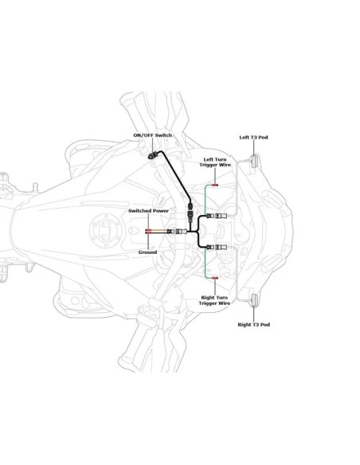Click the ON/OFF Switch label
click(x=152, y=135)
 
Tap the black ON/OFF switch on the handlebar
click(x=153, y=155)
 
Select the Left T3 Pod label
click(x=253, y=137)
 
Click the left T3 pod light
click(x=254, y=161)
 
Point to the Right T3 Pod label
click(x=254, y=324)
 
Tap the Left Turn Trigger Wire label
click(x=215, y=162)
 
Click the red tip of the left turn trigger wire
click(x=215, y=185)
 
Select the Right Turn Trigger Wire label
click(x=214, y=300)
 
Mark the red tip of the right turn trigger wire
click(x=215, y=278)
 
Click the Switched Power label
click(x=149, y=210)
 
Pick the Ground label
click(x=147, y=252)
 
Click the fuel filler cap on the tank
click(x=106, y=229)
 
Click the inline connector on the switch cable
click(x=190, y=211)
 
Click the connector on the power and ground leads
click(x=177, y=232)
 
